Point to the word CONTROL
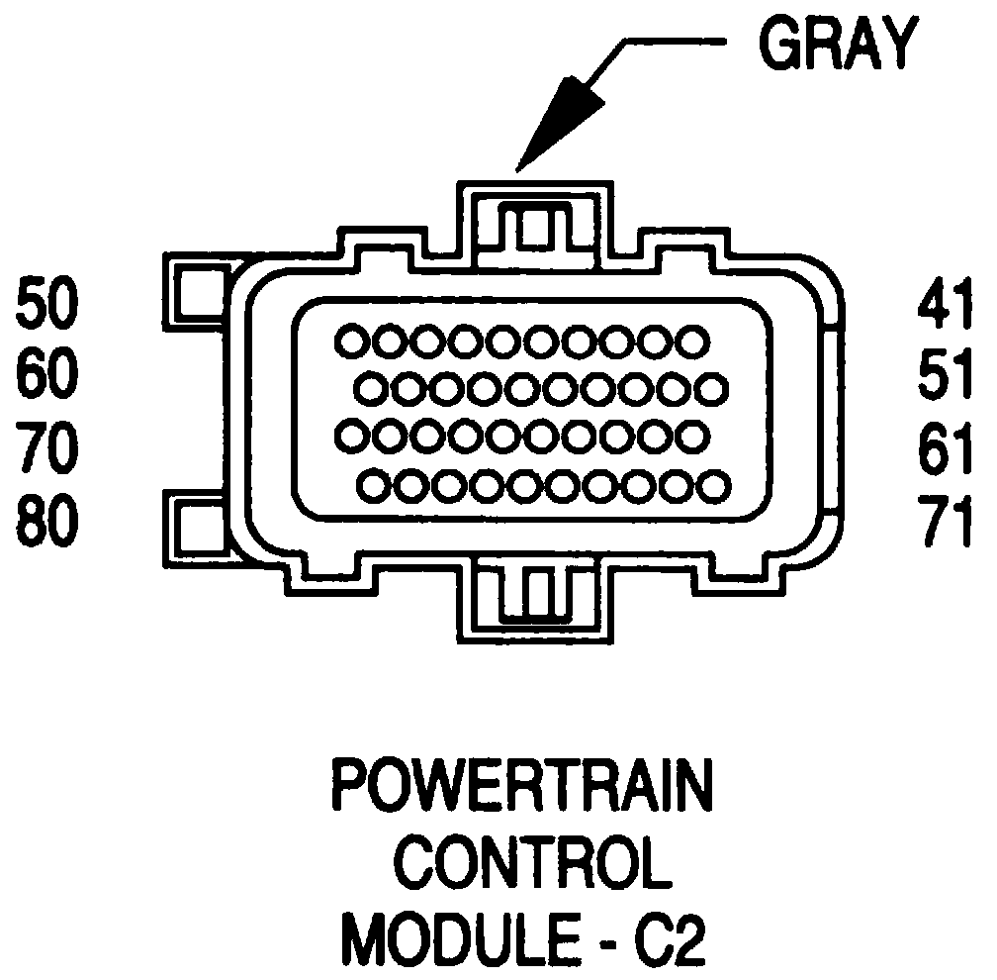[521, 862]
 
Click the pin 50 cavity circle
[351, 342]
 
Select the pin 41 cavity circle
[692, 342]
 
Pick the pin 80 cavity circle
[373, 485]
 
